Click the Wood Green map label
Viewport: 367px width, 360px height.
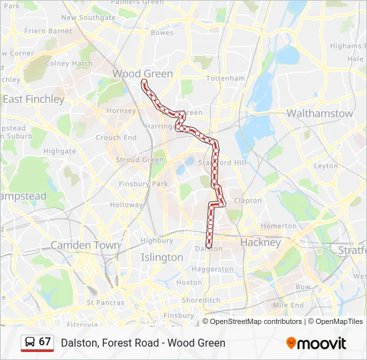point(143,73)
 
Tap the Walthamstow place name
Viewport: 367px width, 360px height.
point(320,113)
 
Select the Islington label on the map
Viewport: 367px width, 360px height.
point(161,257)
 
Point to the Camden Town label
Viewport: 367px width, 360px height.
point(85,245)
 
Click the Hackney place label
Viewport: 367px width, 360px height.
point(261,242)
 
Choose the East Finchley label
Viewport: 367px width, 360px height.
point(33,99)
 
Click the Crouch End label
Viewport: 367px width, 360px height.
point(116,138)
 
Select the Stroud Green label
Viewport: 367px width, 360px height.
point(139,160)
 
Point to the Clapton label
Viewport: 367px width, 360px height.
point(248,200)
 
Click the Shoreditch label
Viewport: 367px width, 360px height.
point(201,300)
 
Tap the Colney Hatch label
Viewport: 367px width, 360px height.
point(69,64)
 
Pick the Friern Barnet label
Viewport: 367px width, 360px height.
point(48,31)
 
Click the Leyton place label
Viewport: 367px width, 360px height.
point(326,166)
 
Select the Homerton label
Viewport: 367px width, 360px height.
point(278,226)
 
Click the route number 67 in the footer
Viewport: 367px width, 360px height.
point(45,342)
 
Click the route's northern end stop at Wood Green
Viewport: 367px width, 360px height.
point(143,81)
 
